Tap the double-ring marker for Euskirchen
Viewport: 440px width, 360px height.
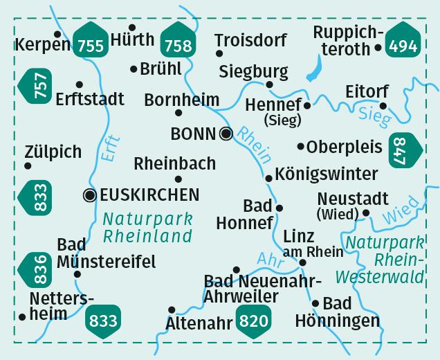click(89, 195)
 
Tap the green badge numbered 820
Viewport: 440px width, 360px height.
click(254, 320)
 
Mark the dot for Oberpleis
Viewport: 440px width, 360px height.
click(301, 146)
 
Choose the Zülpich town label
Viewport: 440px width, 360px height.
click(52, 152)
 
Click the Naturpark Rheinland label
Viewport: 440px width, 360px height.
click(147, 228)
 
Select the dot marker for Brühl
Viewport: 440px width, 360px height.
click(134, 69)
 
